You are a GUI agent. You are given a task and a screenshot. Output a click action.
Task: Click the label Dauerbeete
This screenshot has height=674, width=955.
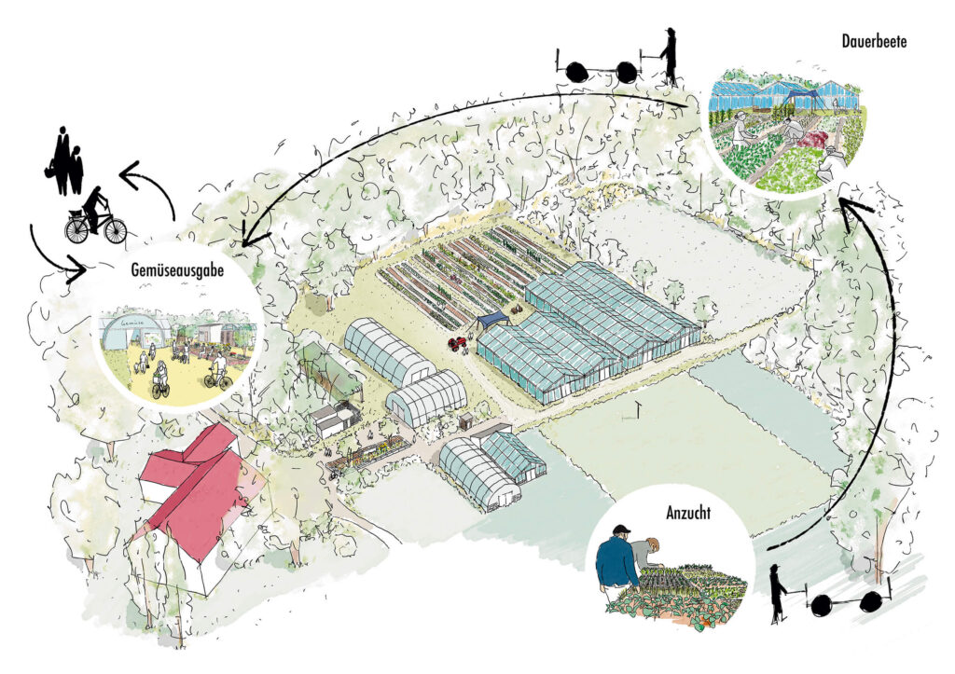pos(874,41)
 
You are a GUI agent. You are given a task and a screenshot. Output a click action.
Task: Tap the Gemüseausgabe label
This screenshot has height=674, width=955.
pos(177,270)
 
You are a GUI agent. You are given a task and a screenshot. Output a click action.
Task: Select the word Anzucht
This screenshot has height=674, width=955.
pos(688,514)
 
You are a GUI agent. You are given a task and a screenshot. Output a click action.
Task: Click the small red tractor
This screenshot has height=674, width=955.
pos(458,344)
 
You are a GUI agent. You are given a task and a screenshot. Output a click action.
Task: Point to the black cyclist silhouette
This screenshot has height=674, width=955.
pos(96,216)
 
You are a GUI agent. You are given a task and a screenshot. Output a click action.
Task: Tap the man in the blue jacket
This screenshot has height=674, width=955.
pos(617,559)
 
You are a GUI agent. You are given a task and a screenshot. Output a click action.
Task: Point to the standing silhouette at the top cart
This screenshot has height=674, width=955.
pos(669,57)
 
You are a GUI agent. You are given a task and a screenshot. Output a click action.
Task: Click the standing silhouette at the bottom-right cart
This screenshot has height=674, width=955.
pos(777,594)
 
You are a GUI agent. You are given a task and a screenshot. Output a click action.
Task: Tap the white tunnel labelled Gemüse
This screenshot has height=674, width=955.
pos(129,334)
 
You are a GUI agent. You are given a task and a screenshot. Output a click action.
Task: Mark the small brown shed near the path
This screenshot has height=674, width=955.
pos(466,420)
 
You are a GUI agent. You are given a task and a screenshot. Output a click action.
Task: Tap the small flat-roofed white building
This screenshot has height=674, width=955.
pos(331,419)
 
